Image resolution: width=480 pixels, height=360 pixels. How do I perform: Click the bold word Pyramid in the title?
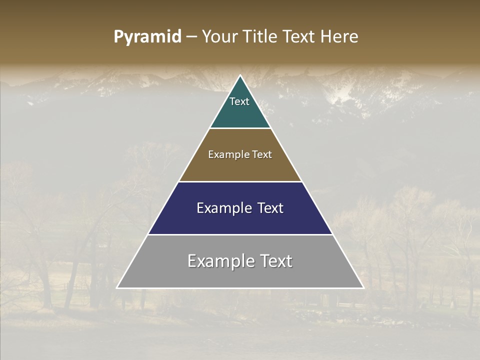(147, 37)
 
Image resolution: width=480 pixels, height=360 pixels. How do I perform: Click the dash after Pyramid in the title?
(191, 37)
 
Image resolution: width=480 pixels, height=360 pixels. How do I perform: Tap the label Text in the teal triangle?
(239, 101)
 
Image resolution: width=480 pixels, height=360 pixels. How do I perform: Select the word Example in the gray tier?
(220, 261)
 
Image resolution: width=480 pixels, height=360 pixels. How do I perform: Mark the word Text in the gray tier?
(275, 261)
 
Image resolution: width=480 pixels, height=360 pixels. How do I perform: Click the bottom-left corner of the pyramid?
(117, 287)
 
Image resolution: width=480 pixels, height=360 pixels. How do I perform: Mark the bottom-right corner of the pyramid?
(363, 287)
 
